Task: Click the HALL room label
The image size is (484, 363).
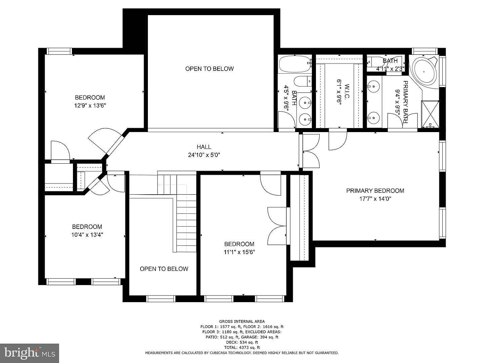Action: pos(204,147)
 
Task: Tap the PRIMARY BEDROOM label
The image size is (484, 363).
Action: pos(375,191)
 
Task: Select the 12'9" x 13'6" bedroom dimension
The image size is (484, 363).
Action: pos(90,106)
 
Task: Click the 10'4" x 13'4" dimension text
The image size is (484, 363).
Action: pos(87,235)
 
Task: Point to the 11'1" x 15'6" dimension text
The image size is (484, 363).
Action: pos(239,252)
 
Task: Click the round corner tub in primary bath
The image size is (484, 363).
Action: pos(424,71)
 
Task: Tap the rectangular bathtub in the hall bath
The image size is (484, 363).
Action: pos(295,64)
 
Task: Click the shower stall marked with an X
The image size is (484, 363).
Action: pos(430,114)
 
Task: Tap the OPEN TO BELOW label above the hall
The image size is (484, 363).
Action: pos(209,69)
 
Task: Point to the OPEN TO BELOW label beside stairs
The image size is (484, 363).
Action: pos(164,269)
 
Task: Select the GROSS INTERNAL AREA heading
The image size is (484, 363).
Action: pos(242,322)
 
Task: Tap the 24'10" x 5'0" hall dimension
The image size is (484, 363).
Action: pos(204,155)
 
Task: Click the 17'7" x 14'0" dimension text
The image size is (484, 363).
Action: pos(375,199)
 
